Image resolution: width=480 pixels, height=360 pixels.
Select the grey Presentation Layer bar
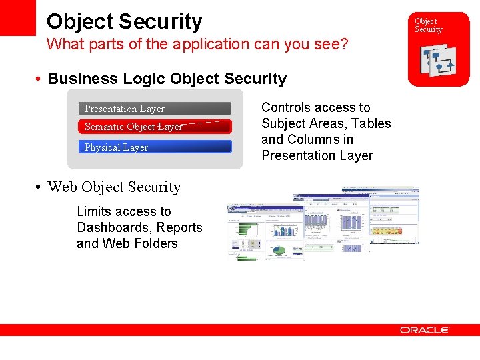point(155,109)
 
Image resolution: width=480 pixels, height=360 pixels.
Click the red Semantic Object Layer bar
point(155,127)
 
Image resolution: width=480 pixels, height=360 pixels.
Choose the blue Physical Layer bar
point(155,147)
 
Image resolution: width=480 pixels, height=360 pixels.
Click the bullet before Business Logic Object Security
point(40,79)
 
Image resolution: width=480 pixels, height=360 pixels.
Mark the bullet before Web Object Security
point(40,187)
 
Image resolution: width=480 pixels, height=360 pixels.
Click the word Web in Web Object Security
point(63,187)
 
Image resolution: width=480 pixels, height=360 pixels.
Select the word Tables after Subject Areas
point(372,123)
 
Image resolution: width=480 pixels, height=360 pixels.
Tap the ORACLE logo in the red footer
point(425,330)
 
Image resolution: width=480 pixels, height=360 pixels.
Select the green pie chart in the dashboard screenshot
point(280,251)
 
